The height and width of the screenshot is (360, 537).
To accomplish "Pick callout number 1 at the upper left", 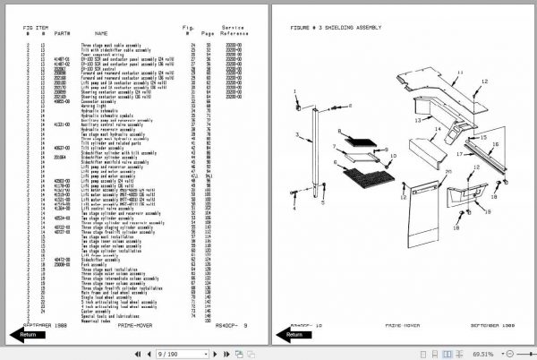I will [296, 93].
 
